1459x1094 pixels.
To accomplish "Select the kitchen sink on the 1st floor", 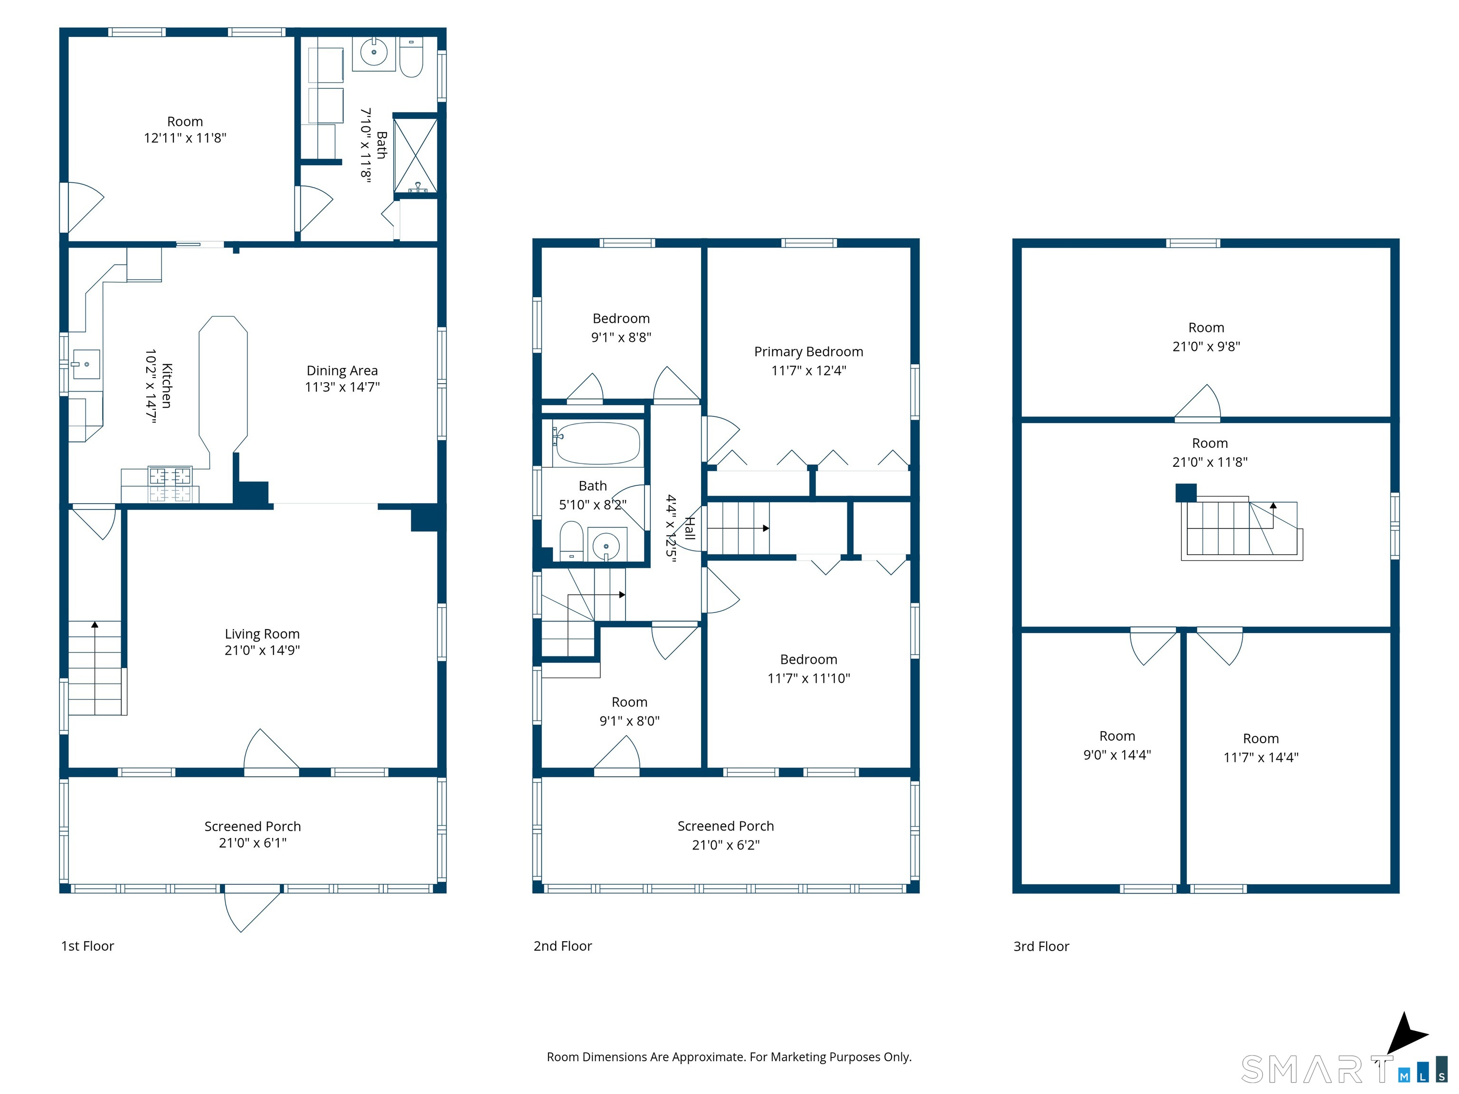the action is point(86,364).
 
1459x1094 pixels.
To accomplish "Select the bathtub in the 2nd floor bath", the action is point(596,443).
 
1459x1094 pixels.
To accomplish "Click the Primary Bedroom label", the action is point(809,351).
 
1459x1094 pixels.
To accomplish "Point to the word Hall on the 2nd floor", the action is point(690,528).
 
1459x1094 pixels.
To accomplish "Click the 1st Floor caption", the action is point(88,946).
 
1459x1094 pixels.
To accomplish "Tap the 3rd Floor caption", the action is point(1041,946).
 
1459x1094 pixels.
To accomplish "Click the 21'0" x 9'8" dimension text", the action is point(1206,346).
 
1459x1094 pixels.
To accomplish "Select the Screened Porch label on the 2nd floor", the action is point(726,826).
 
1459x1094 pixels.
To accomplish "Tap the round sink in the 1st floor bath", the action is point(374,52).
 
